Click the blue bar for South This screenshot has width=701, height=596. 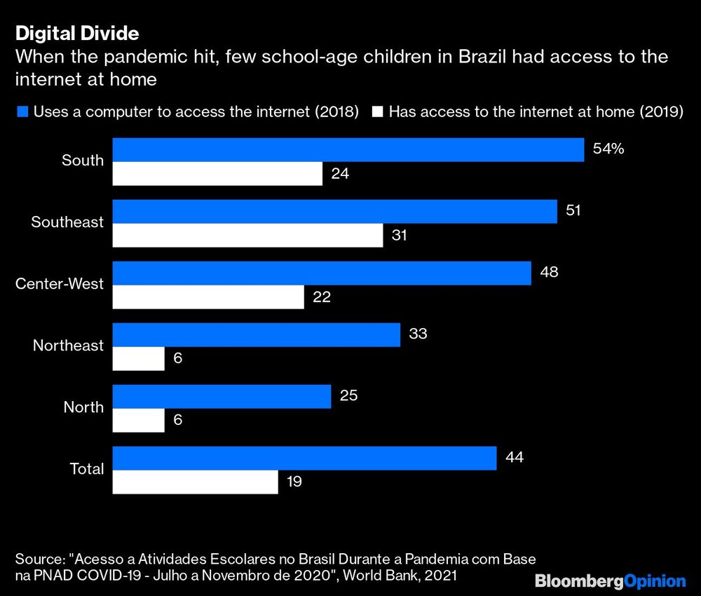click(348, 149)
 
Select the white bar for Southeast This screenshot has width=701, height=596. click(248, 236)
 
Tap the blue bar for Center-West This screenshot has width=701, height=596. click(322, 273)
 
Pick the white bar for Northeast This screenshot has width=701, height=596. click(139, 359)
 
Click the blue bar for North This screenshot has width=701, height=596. click(222, 396)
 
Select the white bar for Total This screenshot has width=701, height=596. click(196, 482)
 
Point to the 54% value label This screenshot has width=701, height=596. click(608, 149)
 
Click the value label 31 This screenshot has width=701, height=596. click(400, 236)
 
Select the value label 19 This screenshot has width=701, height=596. click(294, 482)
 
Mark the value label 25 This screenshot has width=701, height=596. click(348, 395)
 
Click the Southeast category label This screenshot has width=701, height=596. click(67, 222)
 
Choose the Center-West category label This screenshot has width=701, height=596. click(60, 284)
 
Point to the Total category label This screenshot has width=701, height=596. click(87, 469)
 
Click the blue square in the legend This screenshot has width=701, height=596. click(21, 111)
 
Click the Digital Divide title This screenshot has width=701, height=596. click(77, 33)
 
